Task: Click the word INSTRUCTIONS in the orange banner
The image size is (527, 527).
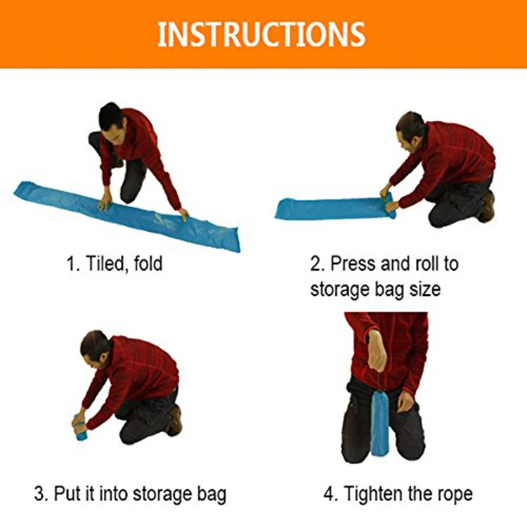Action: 261,34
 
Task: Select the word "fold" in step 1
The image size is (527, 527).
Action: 148,263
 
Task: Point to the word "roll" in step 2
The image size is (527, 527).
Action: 427,263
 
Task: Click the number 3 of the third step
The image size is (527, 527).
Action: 39,494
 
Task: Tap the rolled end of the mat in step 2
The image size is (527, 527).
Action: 389,206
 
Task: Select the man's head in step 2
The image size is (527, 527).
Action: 412,129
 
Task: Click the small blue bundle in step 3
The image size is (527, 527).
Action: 80,427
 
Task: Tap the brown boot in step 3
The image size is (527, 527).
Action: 175,420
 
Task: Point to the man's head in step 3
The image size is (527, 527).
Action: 95,347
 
